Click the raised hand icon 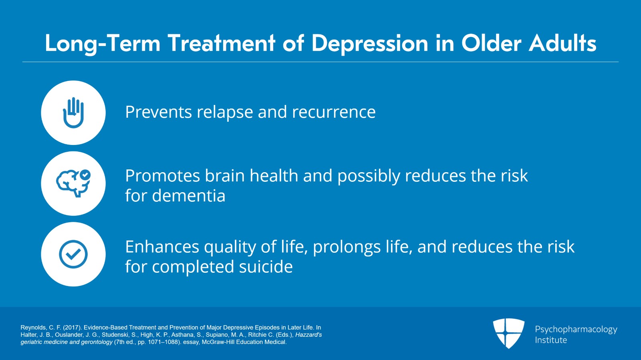coord(73,113)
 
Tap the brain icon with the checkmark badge coord(73,183)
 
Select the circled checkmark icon coord(73,254)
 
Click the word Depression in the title coord(370,44)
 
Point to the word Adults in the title coord(562,43)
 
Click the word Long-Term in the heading coord(103,44)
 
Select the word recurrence coord(334,113)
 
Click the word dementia coord(189,196)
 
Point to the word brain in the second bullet coord(225,176)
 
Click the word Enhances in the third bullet coord(162,247)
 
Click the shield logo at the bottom coord(508,333)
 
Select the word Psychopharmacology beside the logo coord(576,330)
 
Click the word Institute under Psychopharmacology coord(551,340)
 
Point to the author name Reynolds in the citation coord(33,328)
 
